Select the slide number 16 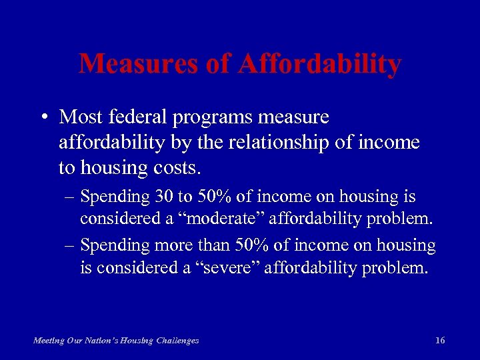pyautogui.click(x=439, y=341)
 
